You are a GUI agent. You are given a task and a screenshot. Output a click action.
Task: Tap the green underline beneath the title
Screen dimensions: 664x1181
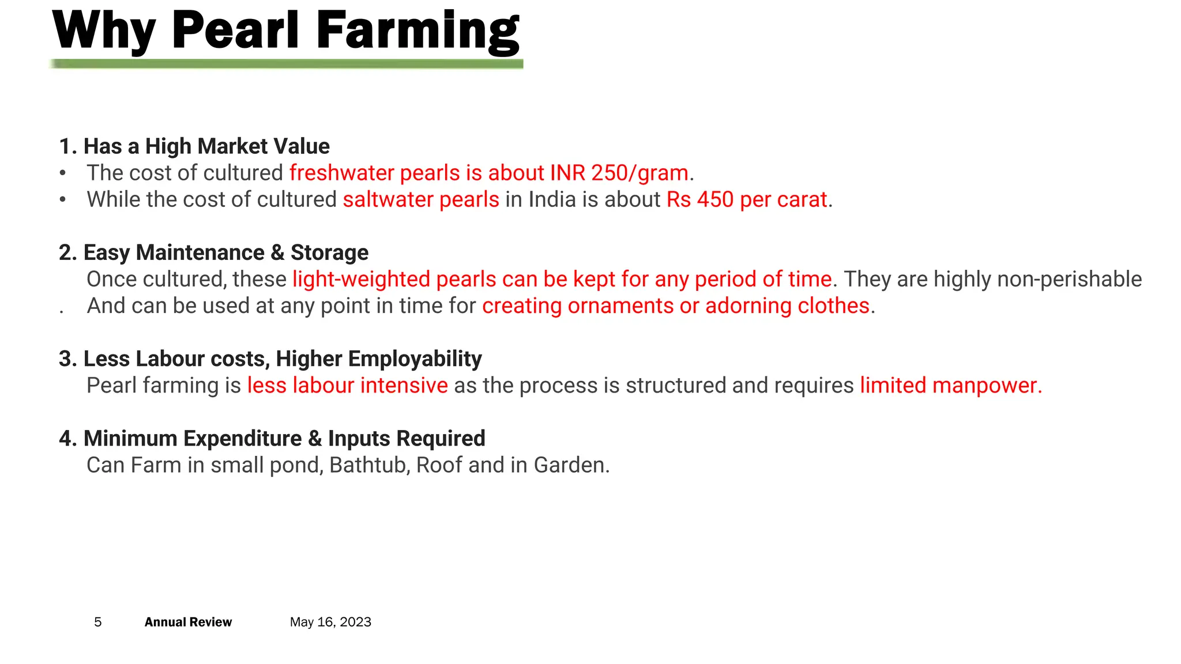point(287,64)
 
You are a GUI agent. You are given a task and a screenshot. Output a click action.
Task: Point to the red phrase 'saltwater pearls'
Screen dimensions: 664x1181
point(421,199)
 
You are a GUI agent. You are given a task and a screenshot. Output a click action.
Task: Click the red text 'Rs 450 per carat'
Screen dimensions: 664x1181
point(747,199)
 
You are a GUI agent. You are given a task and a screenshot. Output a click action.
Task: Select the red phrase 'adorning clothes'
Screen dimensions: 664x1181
point(787,305)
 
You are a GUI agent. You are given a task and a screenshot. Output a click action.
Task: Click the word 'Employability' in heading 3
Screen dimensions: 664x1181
point(415,359)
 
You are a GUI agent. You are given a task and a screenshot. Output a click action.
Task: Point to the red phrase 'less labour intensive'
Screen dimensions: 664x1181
point(347,385)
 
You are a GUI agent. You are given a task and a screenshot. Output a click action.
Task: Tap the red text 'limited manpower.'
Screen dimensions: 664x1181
point(951,385)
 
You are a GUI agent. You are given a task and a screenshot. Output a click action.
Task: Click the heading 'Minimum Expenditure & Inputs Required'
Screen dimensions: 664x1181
point(272,438)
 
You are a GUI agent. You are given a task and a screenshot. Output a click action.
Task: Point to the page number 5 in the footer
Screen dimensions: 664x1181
point(98,622)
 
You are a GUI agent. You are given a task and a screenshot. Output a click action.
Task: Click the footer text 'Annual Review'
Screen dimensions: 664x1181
point(188,622)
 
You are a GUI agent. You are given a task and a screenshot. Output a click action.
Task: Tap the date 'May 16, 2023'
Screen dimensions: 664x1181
point(330,622)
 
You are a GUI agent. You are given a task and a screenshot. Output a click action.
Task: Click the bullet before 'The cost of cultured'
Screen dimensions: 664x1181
point(63,173)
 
